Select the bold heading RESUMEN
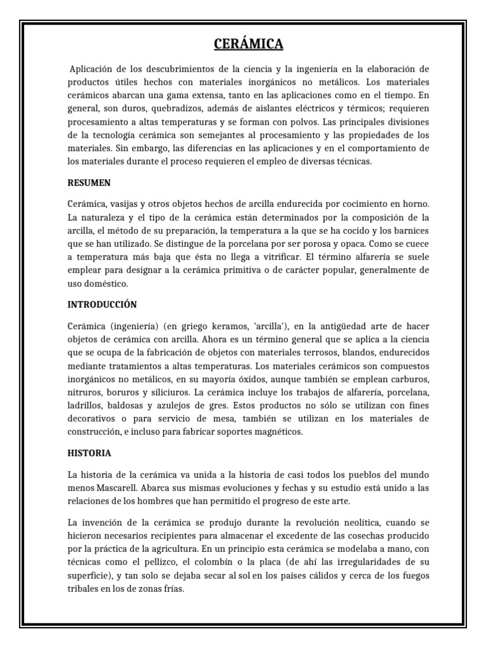coord(89,183)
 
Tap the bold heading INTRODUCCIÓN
coord(102,304)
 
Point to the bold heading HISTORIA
coord(89,453)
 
